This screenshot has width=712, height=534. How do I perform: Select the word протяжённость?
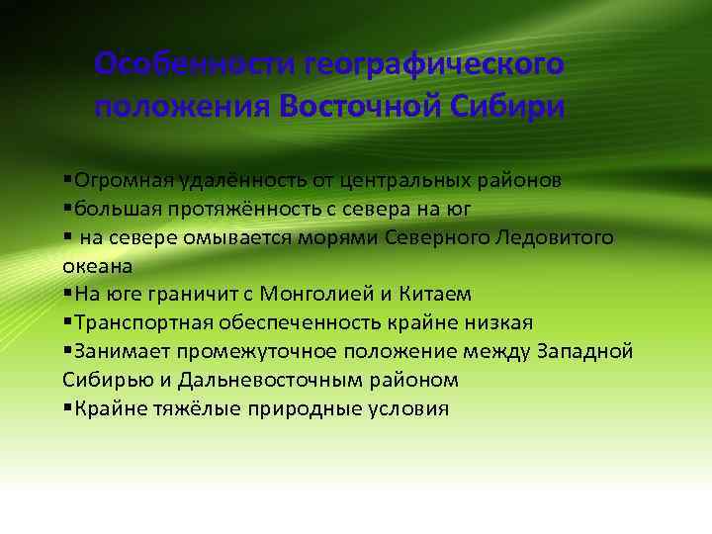tap(218, 209)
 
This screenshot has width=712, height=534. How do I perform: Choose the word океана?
tap(97, 266)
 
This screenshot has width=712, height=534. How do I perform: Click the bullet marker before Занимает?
tap(66, 351)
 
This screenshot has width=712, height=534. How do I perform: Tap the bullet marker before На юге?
tap(66, 294)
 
